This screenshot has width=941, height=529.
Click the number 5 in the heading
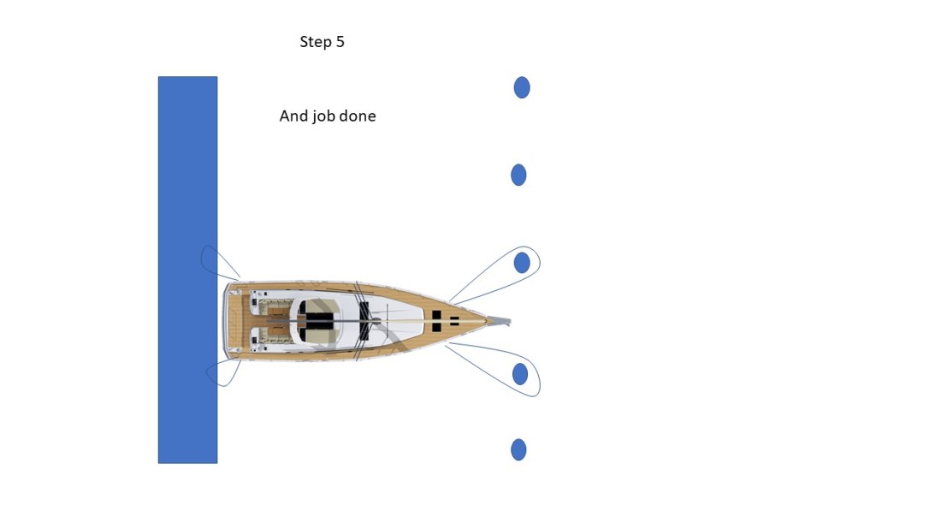pyautogui.click(x=340, y=42)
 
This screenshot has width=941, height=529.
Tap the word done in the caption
pyautogui.click(x=358, y=116)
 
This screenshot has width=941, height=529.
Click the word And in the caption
pyautogui.click(x=293, y=116)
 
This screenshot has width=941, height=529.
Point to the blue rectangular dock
pyautogui.click(x=187, y=171)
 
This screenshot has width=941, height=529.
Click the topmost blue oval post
pyautogui.click(x=522, y=87)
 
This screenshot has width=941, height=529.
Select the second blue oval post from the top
pyautogui.click(x=518, y=175)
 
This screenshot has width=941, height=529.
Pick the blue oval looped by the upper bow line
pyautogui.click(x=522, y=263)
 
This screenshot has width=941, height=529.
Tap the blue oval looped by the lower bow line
pyautogui.click(x=520, y=373)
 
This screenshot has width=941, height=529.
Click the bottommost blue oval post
pyautogui.click(x=518, y=449)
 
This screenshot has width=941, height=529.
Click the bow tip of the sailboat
pyautogui.click(x=508, y=323)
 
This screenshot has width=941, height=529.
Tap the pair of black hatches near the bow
pyautogui.click(x=436, y=322)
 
